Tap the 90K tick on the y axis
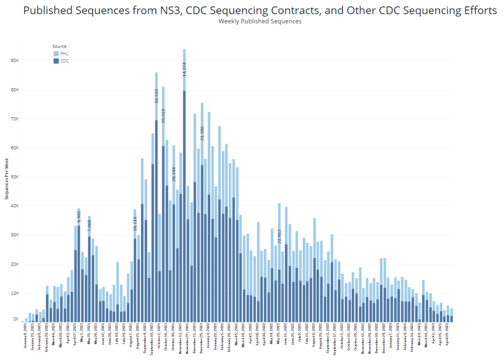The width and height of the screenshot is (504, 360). coord(14,61)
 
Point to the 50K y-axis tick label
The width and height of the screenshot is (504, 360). coord(14,177)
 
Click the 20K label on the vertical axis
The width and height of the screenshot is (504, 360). coord(14,264)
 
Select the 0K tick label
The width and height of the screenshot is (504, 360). coord(16,320)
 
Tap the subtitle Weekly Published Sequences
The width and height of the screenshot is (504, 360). coord(260,21)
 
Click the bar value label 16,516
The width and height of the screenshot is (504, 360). coord(156,93)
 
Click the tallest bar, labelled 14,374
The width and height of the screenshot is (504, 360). coord(184,197)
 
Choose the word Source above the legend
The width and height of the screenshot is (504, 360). coord(60,46)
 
